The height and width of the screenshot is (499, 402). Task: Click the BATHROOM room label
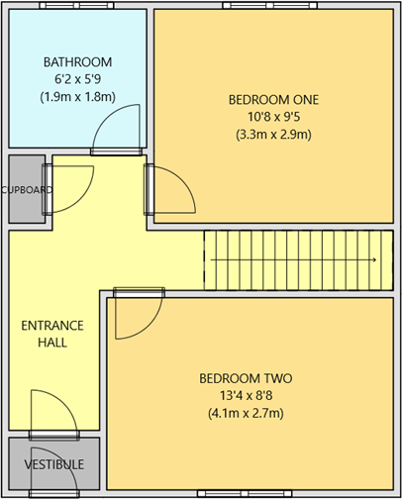coord(76,61)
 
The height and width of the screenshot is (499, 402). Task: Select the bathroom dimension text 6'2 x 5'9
coord(76,79)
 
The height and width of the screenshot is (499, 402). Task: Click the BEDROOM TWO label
coord(246,378)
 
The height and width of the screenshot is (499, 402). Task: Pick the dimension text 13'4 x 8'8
coord(246,396)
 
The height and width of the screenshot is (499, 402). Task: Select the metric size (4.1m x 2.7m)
coord(246,414)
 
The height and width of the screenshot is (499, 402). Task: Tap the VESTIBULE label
coord(54,464)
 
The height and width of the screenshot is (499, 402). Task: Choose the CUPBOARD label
coord(27,189)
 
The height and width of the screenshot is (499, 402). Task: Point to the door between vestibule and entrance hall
coord(55,411)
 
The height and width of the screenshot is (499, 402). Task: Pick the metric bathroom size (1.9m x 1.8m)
coord(76,97)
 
